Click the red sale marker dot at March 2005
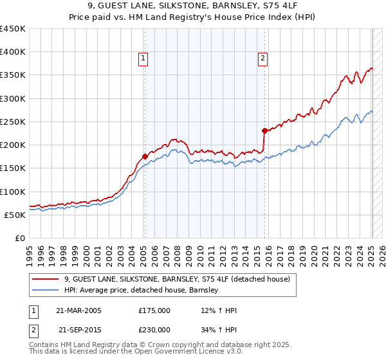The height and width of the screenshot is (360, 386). (x=145, y=156)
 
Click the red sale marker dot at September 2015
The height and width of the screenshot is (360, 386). (x=264, y=130)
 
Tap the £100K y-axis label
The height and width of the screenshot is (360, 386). (x=13, y=192)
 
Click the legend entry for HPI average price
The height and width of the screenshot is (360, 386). (x=142, y=291)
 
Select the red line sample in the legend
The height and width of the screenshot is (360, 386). (x=46, y=279)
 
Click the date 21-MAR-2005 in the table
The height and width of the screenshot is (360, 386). (x=78, y=310)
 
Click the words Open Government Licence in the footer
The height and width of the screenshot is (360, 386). (x=167, y=352)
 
